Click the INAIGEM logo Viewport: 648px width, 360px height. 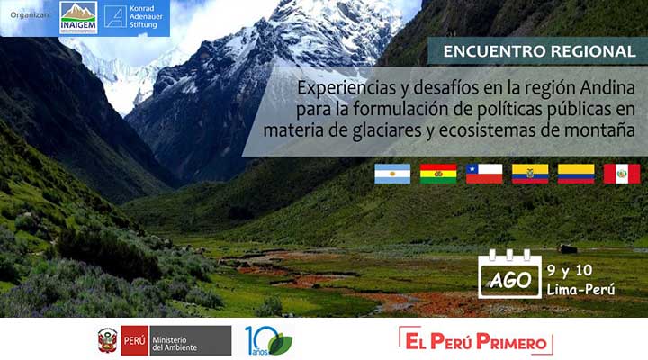[78, 17]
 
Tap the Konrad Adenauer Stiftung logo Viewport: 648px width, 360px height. [133, 16]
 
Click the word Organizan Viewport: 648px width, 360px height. [30, 15]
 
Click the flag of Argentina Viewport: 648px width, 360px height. [392, 174]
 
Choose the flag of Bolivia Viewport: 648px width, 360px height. [438, 174]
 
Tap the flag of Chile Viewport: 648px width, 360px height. [484, 174]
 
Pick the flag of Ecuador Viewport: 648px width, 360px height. [530, 174]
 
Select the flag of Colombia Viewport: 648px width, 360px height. [576, 174]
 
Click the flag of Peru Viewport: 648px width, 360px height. [622, 174]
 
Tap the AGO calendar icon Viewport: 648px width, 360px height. [509, 274]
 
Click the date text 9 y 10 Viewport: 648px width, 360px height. [570, 270]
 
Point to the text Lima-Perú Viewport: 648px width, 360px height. [580, 289]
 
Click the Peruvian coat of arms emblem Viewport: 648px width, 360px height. [107, 340]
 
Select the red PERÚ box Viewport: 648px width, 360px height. [135, 340]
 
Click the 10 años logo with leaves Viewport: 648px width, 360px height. [268, 340]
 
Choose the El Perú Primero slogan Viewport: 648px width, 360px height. [476, 341]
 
